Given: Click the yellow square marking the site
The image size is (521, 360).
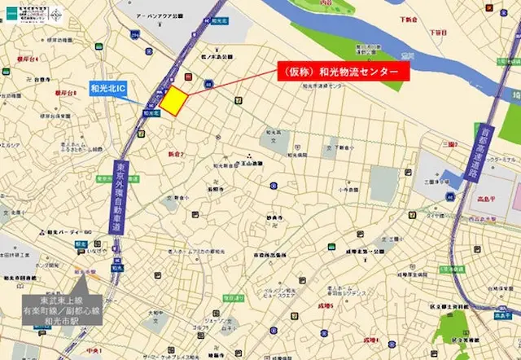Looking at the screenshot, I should click(173, 101).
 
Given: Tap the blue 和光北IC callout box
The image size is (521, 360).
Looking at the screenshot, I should click(108, 88).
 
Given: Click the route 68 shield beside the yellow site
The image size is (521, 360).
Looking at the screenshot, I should click(209, 83).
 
